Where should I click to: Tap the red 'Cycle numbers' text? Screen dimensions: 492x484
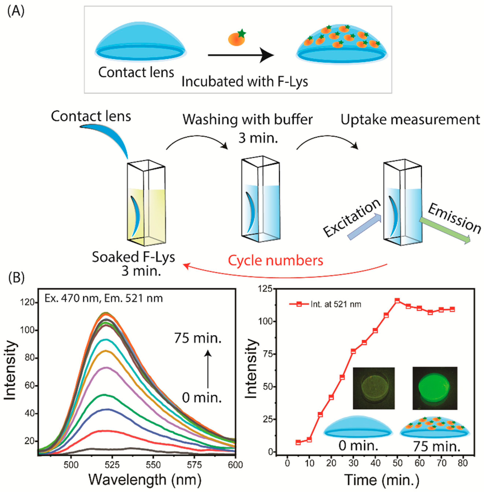click(275, 260)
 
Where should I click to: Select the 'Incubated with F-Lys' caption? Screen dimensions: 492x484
click(245, 82)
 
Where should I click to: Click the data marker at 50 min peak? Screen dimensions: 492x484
click(397, 301)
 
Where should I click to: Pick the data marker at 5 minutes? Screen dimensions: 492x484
click(298, 442)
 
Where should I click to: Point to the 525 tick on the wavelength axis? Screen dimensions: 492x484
click(112, 465)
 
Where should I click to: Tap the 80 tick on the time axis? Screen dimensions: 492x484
click(463, 463)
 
